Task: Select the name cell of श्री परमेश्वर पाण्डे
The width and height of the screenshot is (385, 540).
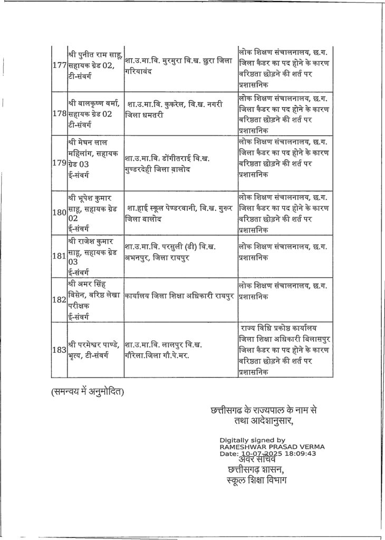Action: coord(95,350)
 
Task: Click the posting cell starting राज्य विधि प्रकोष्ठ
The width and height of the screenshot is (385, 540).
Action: coord(285,350)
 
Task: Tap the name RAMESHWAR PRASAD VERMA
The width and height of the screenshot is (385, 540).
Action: coord(272,447)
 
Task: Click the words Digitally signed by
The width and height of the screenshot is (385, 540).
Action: coord(252,440)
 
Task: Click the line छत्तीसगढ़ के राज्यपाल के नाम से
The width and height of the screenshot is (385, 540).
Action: coord(263,410)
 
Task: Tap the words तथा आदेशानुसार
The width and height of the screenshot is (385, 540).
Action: coord(263,421)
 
